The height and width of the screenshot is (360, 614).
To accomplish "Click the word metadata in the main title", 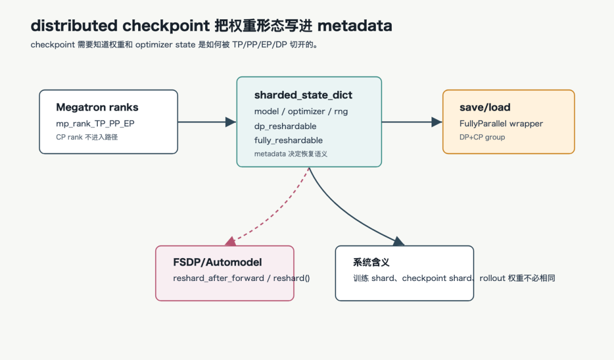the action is pos(355,26).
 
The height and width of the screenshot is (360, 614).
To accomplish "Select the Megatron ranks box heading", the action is pos(97,107).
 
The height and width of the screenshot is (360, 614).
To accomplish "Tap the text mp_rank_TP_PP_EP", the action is pos(95,124).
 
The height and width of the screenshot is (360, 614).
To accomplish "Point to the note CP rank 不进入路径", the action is pos(87,137).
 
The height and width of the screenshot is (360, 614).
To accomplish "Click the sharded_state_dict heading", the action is pos(303,95).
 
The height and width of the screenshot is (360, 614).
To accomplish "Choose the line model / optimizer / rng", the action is pos(301,111).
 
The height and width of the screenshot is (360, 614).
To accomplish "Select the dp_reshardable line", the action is pos(285,126).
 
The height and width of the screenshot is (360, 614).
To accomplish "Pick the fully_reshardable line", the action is pos(288,140).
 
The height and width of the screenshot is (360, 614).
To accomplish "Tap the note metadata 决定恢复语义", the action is pos(291,154).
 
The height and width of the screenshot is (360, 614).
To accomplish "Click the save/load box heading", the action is pos(485,107).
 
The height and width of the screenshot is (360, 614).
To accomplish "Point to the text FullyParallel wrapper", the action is pos(501,124).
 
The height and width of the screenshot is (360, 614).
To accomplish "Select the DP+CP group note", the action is pos(482,137).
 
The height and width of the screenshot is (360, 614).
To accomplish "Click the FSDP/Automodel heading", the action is pos(217,262).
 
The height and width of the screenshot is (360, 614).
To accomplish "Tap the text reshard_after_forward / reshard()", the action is pos(241,278).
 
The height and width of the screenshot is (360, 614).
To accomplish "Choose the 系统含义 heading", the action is pos(371,262).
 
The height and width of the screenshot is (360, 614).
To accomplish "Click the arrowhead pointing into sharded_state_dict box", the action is pos(231,122).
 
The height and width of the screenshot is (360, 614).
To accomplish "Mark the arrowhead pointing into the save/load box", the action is pos(437,122).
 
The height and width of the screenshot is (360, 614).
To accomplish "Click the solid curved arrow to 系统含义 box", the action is pos(344,215).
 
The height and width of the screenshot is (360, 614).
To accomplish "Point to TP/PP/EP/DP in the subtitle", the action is pos(260,45).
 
